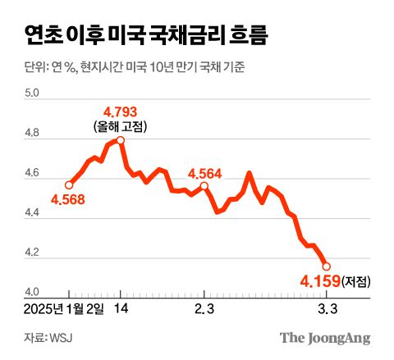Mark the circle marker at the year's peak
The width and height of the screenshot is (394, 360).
[x=121, y=140]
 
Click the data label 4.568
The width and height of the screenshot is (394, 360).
[x=69, y=198]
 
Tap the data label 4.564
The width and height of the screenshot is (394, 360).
[x=204, y=173]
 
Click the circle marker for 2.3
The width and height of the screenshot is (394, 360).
[x=204, y=186]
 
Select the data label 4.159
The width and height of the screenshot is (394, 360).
[x=317, y=282]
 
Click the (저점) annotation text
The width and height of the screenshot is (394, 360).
[x=356, y=282]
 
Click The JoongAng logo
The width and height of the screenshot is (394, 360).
[x=325, y=337]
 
